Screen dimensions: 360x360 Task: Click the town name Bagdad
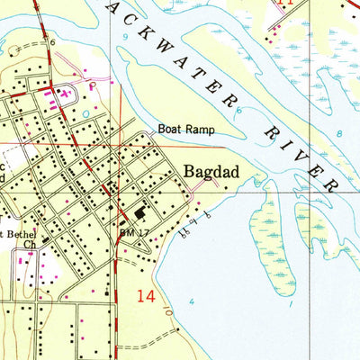[209, 171]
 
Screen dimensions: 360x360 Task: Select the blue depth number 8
[339, 132]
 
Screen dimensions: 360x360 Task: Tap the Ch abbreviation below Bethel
[30, 243]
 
